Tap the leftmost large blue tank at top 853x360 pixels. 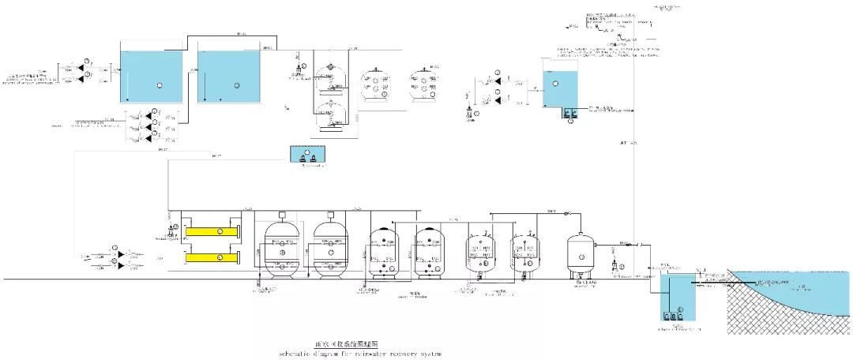(151, 76)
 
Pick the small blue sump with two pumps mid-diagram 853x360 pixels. (307, 155)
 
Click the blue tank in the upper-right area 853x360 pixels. (562, 88)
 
